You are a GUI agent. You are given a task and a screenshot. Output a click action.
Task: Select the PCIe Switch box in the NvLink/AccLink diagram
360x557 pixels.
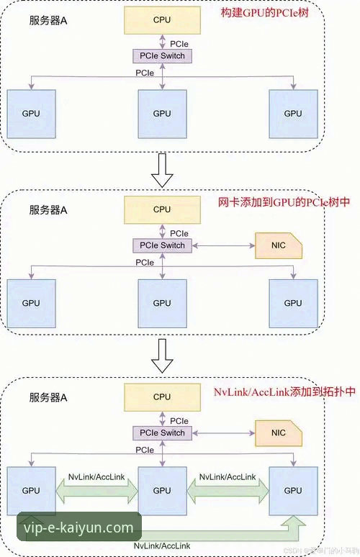tap(162, 433)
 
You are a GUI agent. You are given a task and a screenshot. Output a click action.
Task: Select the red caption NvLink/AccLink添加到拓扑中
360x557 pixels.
tap(284, 393)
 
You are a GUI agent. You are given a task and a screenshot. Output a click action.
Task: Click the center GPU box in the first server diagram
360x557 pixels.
tap(162, 114)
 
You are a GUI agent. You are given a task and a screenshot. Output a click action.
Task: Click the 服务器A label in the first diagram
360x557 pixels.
tap(48, 22)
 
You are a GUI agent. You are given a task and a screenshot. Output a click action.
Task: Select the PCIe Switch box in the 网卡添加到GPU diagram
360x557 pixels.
tap(162, 245)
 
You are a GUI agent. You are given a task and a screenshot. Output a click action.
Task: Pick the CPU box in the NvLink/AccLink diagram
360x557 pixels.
tap(162, 397)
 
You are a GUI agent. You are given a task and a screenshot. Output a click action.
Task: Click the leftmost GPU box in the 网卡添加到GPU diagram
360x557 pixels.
tap(31, 302)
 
